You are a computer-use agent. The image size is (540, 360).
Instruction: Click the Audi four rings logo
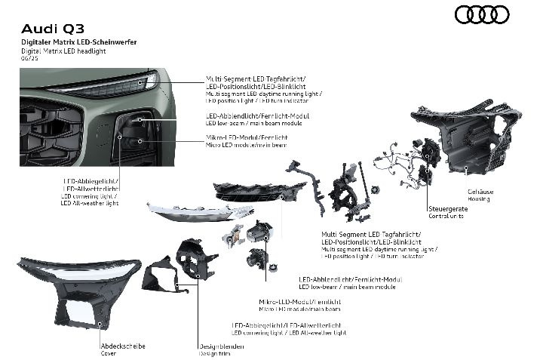point(482,14)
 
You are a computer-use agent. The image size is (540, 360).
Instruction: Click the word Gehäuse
point(480,192)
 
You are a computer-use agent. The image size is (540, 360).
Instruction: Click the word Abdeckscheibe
point(123,346)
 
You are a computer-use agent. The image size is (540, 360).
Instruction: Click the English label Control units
point(446,215)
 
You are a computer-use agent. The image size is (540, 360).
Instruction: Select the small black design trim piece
point(161,272)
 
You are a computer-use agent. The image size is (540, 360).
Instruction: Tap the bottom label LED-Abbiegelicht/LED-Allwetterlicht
point(288,325)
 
